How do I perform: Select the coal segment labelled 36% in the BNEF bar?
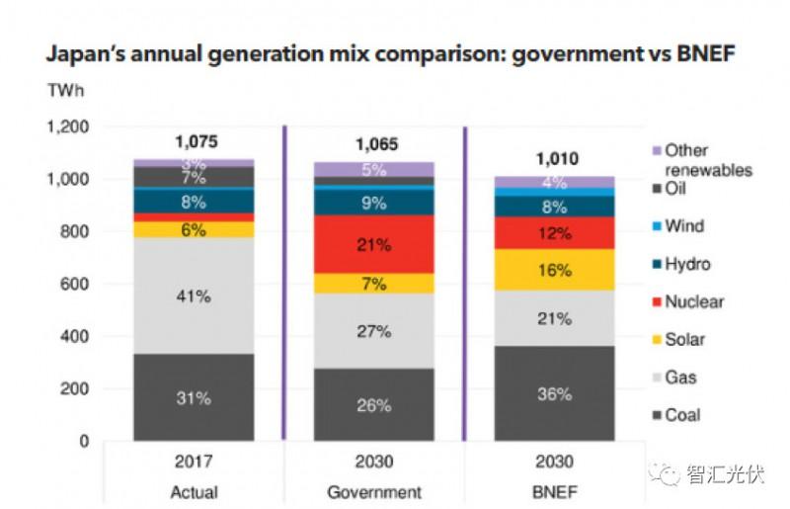(x=554, y=393)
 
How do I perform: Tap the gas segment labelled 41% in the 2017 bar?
(x=194, y=295)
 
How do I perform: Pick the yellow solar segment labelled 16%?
(x=554, y=269)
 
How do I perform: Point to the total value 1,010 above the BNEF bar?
(x=556, y=159)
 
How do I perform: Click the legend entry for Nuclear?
(x=693, y=301)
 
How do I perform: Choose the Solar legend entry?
(x=685, y=339)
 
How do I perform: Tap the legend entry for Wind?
(x=684, y=225)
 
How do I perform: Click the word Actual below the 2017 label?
(x=194, y=491)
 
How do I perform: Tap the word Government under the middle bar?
(x=373, y=491)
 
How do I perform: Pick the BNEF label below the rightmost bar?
(x=555, y=491)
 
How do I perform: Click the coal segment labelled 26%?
(x=373, y=404)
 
